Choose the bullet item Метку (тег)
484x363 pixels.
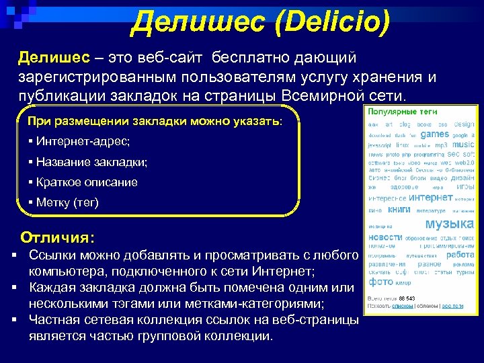click(x=67, y=202)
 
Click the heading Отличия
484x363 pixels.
click(x=58, y=237)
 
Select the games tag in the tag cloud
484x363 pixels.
click(x=435, y=134)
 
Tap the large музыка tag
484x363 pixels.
click(x=450, y=223)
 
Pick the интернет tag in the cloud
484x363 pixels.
click(x=430, y=198)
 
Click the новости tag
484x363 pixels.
click(x=385, y=237)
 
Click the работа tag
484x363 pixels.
click(x=460, y=255)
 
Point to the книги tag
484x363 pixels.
click(x=399, y=210)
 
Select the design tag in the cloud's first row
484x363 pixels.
click(x=464, y=124)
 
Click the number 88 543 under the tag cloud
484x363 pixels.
click(x=406, y=298)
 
